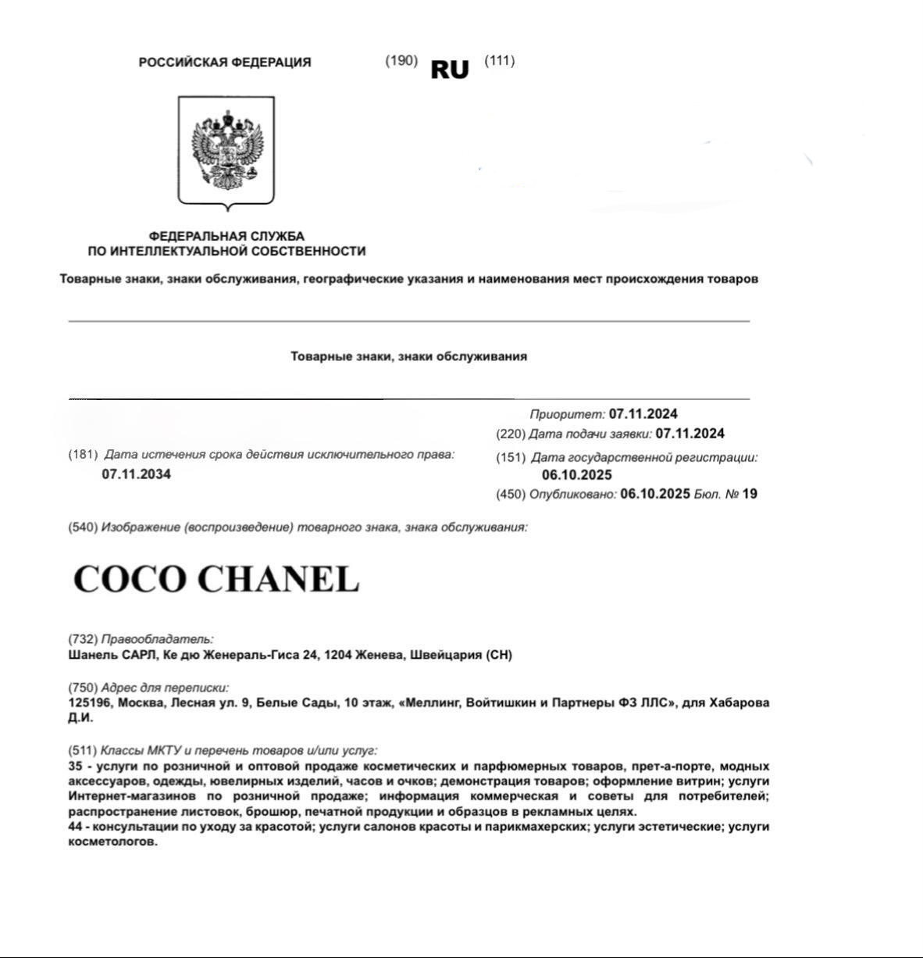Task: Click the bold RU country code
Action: tap(450, 70)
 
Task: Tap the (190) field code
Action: tap(401, 61)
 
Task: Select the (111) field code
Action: tap(500, 61)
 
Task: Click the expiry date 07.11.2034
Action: tap(136, 474)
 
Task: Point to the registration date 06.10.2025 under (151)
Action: tap(577, 475)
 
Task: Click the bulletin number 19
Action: tap(750, 494)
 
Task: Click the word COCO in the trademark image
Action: tap(130, 579)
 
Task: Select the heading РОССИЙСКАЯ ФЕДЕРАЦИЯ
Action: tap(225, 63)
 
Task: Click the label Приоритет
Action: tap(567, 414)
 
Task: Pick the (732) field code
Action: tap(83, 639)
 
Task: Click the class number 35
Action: tap(76, 767)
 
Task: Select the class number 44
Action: tap(76, 827)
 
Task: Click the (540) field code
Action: tap(83, 527)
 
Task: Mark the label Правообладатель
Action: tap(157, 639)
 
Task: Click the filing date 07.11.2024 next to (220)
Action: tap(690, 434)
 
